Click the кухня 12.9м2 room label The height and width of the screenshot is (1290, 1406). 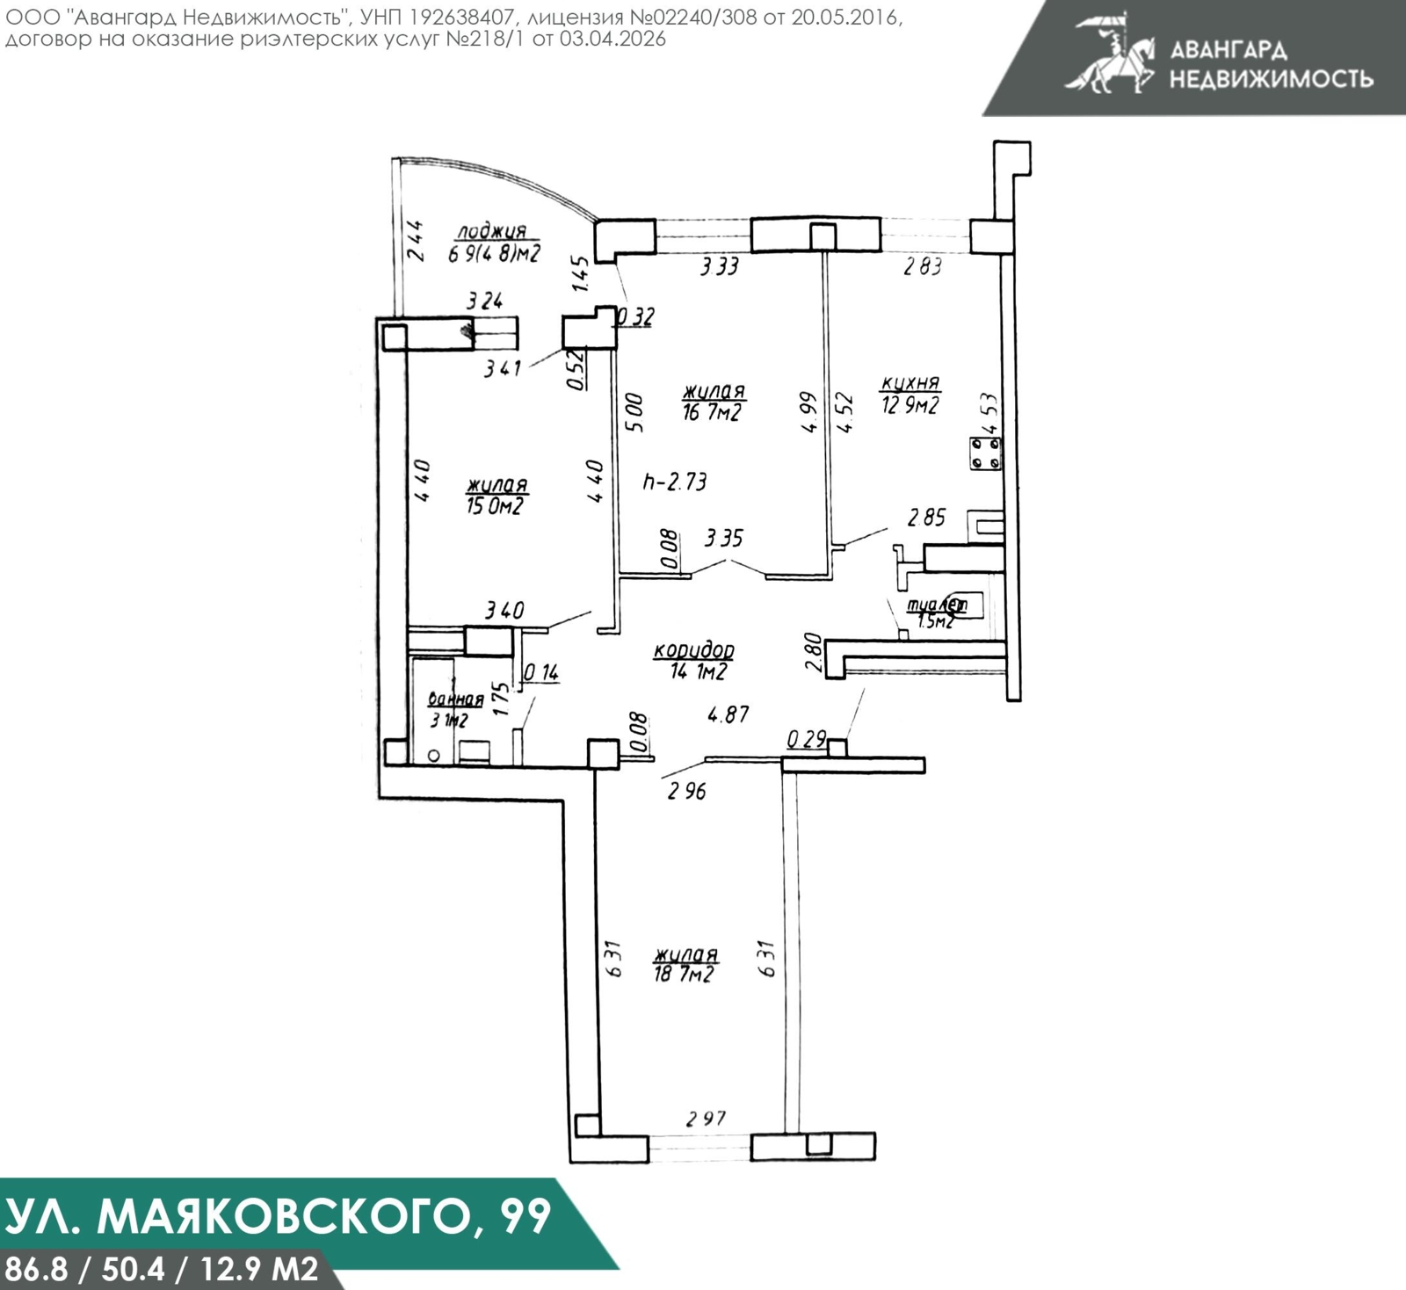pos(910,395)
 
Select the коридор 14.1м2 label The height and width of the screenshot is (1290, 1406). pos(693,661)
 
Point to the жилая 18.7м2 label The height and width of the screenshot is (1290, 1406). pos(685,964)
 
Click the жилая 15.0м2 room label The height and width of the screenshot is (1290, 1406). pos(496,496)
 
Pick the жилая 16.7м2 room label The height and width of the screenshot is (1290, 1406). pos(713,402)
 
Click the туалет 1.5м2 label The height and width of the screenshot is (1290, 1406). pos(936,612)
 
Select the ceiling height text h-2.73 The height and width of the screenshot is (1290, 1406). pos(675,482)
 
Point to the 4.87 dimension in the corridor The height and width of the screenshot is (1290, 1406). pos(728,714)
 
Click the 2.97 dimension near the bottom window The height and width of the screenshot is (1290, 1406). pos(707,1119)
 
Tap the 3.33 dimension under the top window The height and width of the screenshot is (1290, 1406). pos(719,266)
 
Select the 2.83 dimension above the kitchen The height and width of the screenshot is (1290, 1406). pos(923,266)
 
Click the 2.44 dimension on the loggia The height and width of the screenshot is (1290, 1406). pos(415,241)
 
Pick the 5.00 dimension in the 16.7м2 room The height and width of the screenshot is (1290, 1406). pos(634,412)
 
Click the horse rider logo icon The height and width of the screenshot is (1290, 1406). pos(1109,53)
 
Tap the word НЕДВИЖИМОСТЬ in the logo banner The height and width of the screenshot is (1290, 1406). pos(1271,79)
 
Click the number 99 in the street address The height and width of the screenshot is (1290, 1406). pos(525,1217)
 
